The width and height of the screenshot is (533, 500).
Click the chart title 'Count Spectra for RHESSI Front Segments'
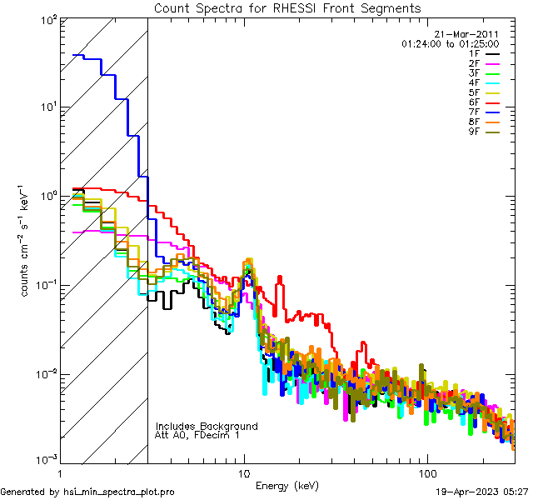287,7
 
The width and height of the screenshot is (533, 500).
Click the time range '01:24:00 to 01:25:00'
450,43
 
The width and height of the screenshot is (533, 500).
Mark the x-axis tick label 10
244,472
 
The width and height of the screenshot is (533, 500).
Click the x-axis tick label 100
426,472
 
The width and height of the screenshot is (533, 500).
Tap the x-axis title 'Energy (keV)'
286,485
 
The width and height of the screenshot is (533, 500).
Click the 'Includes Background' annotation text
207,427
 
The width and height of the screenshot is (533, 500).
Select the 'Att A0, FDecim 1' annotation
197,436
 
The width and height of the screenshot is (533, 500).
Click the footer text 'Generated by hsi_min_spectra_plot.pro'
87,492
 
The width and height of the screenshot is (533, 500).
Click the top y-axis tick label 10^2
47,19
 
